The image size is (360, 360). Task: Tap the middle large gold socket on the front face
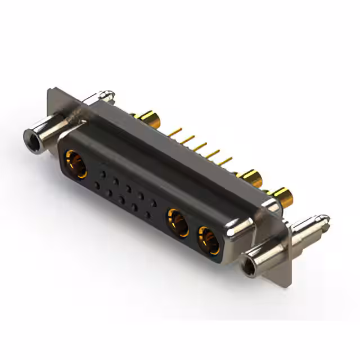tap(178, 221)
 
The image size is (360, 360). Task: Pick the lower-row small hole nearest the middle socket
tap(148, 213)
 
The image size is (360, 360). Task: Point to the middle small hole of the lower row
tap(122, 199)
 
